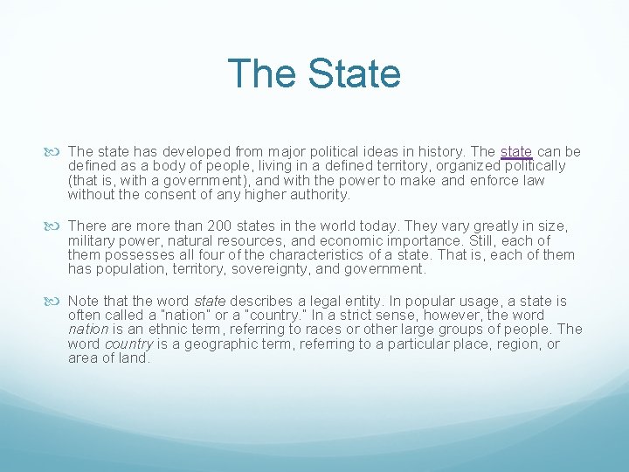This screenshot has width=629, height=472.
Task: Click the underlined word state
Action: (516, 151)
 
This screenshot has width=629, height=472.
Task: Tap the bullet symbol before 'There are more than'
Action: (58, 226)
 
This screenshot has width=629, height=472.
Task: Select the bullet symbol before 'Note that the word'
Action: (58, 300)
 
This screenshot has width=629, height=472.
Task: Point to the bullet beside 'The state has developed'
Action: (58, 151)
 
